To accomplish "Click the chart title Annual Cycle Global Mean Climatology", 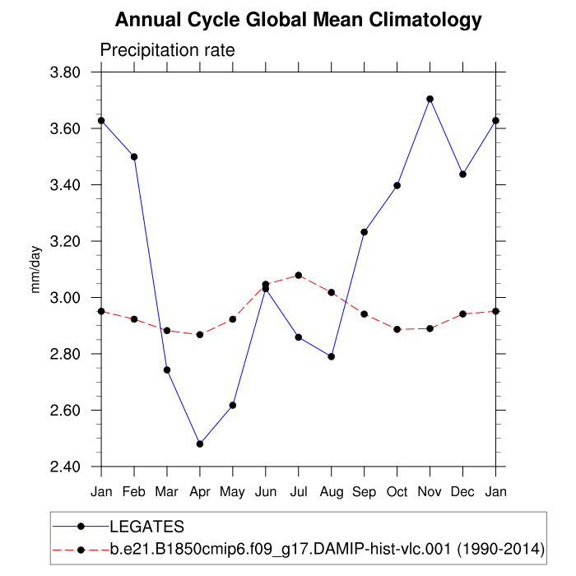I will click(298, 19).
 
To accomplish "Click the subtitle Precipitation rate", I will click(167, 50).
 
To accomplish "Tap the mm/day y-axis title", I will click(35, 269).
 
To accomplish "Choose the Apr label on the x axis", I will click(200, 491).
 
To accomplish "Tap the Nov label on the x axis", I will click(430, 491).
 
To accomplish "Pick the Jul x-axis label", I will click(299, 491).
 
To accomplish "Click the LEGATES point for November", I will click(430, 99).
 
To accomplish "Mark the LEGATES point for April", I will click(200, 444).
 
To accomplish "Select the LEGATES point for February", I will click(134, 156).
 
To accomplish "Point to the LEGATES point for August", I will click(332, 356).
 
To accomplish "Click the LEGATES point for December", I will click(462, 174).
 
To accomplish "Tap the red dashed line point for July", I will click(299, 275).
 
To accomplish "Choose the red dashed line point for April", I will click(200, 335).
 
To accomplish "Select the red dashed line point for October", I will click(397, 329).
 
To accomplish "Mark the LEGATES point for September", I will click(365, 232).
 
